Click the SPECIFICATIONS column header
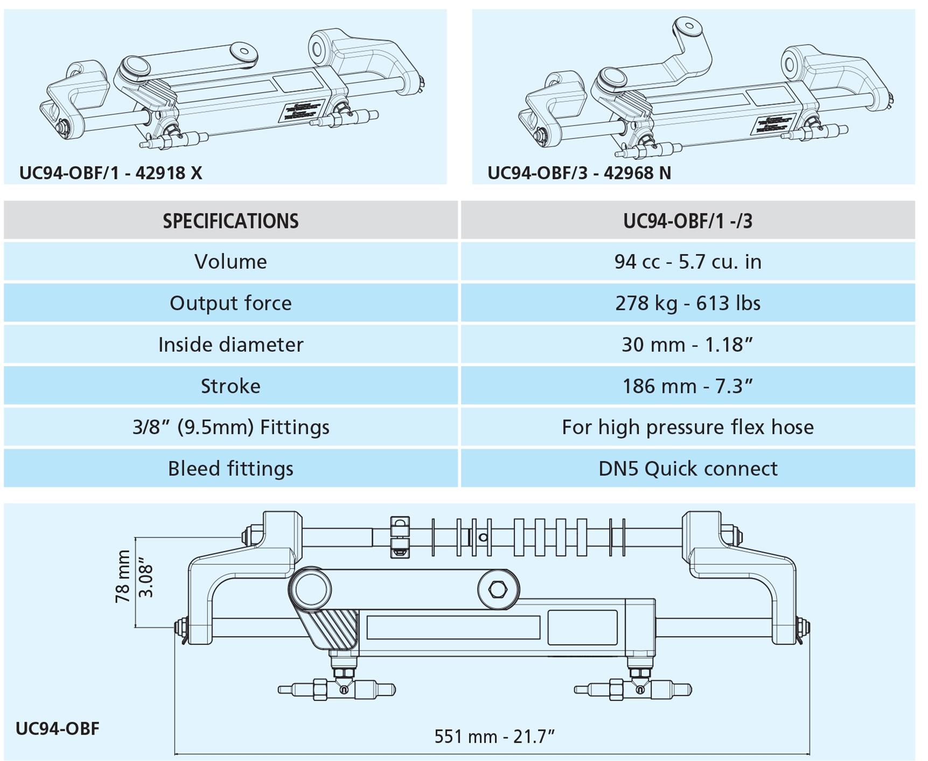231,221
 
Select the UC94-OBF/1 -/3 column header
687,221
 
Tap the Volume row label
231,262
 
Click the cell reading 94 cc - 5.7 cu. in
687,262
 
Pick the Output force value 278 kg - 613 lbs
687,303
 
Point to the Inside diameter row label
231,345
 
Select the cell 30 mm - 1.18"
687,345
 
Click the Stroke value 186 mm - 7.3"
687,386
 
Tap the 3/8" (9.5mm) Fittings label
231,427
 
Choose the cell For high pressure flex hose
687,427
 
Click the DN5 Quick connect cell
687,469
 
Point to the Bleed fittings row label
231,469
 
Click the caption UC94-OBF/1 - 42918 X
111,173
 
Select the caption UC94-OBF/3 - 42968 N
579,173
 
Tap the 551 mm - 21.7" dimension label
494,736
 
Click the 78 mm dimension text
123,576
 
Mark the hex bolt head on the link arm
498,589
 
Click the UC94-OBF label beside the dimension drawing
58,729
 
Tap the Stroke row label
231,386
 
